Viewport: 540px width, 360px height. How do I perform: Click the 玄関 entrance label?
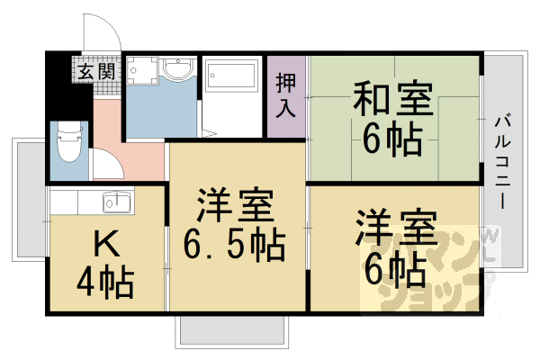click(96, 72)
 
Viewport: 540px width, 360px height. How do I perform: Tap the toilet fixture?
click(69, 142)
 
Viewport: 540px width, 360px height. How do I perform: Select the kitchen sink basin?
click(117, 202)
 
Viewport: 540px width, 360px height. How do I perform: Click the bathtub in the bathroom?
click(233, 76)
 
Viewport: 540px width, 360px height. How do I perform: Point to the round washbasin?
click(177, 70)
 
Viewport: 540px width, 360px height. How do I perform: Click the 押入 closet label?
click(286, 95)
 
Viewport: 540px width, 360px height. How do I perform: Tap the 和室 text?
click(393, 98)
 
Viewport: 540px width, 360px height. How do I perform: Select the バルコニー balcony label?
click(503, 162)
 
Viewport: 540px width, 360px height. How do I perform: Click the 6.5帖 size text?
click(234, 246)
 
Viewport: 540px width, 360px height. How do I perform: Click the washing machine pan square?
click(141, 70)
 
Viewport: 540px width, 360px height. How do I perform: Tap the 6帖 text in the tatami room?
click(392, 140)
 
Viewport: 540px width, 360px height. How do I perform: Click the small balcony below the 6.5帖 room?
click(232, 332)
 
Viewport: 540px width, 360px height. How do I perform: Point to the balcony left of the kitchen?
click(30, 200)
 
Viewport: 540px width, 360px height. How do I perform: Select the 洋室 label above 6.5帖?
click(236, 205)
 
